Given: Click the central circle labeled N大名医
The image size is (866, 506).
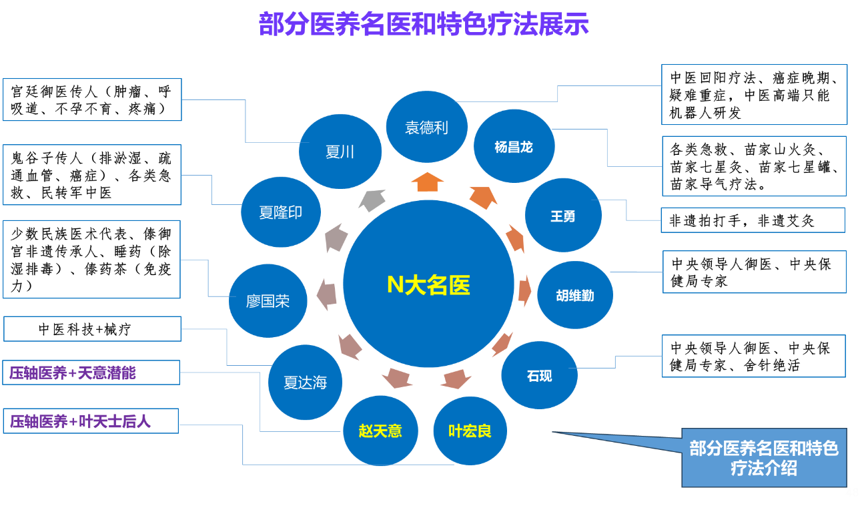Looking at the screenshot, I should pyautogui.click(x=428, y=284).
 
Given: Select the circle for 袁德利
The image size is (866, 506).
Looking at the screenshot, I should pyautogui.click(x=427, y=128).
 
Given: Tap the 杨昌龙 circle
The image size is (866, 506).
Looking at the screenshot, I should pyautogui.click(x=514, y=147).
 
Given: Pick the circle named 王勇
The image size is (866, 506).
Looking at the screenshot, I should pyautogui.click(x=563, y=216).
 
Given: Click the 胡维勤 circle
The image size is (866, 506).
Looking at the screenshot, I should pyautogui.click(x=575, y=294).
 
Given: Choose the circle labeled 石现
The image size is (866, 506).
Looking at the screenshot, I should pyautogui.click(x=539, y=376).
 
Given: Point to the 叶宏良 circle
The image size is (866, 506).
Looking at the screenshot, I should pyautogui.click(x=470, y=431).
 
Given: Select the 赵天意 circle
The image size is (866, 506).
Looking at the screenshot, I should pyautogui.click(x=380, y=431).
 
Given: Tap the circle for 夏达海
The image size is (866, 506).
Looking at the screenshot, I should pyautogui.click(x=306, y=383).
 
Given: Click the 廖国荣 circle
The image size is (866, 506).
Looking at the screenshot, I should pyautogui.click(x=268, y=301).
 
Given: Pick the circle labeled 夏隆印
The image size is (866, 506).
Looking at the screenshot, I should pyautogui.click(x=281, y=212).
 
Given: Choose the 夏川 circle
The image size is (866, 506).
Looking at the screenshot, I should pyautogui.click(x=340, y=152).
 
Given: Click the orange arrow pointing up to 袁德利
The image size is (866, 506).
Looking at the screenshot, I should pyautogui.click(x=427, y=181).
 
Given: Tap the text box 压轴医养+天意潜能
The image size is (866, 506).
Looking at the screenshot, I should pyautogui.click(x=91, y=372).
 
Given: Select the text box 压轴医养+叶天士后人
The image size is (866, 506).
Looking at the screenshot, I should pyautogui.click(x=91, y=421).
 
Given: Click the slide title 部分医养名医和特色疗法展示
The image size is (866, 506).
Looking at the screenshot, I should pyautogui.click(x=424, y=25).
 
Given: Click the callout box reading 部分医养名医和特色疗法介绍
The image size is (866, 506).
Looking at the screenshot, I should pyautogui.click(x=764, y=458).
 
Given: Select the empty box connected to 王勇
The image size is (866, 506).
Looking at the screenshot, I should pyautogui.click(x=753, y=220).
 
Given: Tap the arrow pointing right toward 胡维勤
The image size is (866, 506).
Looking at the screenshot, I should pyautogui.click(x=524, y=290).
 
